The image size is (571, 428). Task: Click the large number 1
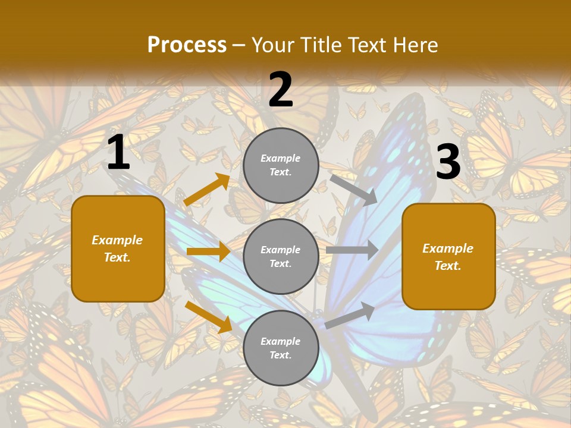(118, 153)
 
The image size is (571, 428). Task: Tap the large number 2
(281, 90)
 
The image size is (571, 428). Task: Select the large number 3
(448, 162)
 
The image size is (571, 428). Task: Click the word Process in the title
(187, 45)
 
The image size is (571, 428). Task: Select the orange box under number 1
(118, 248)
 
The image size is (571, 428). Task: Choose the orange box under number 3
(448, 256)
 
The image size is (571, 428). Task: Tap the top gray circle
(281, 165)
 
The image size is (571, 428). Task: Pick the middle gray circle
(281, 256)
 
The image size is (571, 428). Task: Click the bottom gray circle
(281, 348)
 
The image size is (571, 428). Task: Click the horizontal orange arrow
(208, 251)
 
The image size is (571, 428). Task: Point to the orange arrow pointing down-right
(208, 316)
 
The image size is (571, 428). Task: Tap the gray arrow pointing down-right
(353, 190)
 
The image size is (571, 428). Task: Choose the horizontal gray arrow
(352, 250)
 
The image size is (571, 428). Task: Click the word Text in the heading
(366, 45)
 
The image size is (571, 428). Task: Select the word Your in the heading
(271, 45)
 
